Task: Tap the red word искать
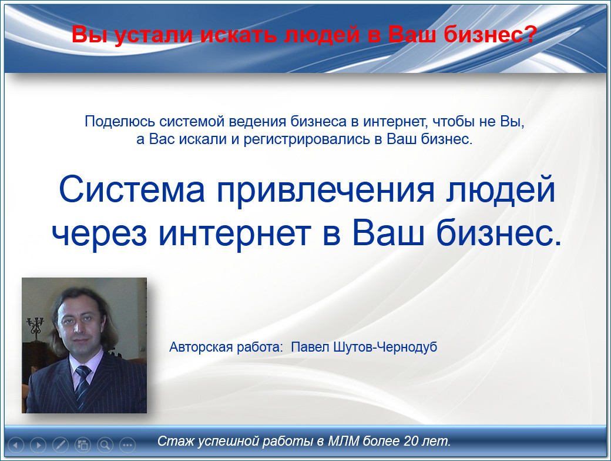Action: coord(239,34)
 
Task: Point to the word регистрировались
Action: coord(307,139)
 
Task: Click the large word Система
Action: coord(132,189)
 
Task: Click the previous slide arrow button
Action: coord(16,445)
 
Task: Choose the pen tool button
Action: coord(61,445)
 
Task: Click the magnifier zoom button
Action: coord(105,445)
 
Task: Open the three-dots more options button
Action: coord(127,445)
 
